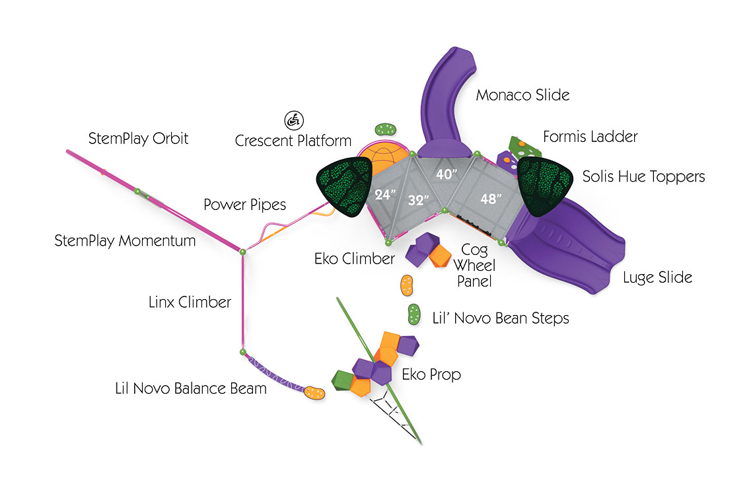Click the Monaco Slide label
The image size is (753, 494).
click(522, 95)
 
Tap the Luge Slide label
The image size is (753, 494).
click(657, 277)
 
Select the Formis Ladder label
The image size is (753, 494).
click(590, 137)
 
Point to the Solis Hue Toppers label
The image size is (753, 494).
click(643, 177)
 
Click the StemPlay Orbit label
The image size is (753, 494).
click(138, 139)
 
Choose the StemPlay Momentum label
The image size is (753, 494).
click(125, 241)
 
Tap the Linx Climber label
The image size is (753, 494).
click(190, 302)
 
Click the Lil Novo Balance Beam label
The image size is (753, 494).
click(190, 388)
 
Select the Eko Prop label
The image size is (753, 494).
click(431, 374)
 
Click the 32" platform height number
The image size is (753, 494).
click(417, 200)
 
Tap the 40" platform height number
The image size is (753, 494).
click(448, 175)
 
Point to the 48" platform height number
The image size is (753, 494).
click(490, 197)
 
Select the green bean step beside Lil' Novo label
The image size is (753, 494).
click(415, 314)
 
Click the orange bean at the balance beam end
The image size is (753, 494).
click(314, 392)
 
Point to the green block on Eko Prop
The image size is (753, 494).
click(343, 380)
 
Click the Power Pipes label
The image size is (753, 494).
click(244, 205)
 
